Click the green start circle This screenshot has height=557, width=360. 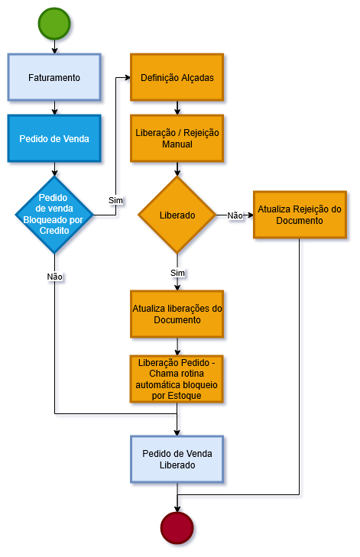click(x=54, y=24)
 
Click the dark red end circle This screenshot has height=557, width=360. click(x=177, y=528)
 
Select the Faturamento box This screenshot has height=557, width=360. click(x=54, y=77)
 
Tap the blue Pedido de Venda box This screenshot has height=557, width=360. click(x=54, y=138)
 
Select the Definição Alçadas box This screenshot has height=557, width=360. click(x=177, y=77)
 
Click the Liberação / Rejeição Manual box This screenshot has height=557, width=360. click(x=177, y=138)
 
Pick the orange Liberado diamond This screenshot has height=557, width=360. click(x=177, y=215)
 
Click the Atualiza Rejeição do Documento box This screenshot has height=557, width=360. click(x=299, y=215)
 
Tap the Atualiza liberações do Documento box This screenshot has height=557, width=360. click(x=177, y=314)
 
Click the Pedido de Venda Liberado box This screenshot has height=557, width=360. click(x=177, y=459)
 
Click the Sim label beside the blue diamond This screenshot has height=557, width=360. click(x=115, y=200)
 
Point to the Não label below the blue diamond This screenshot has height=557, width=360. click(x=54, y=276)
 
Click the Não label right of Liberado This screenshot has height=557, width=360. click(x=235, y=215)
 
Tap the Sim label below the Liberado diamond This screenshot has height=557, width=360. click(x=177, y=272)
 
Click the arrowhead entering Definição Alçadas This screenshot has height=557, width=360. click(x=126, y=77)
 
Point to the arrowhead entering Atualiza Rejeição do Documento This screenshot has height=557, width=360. click(x=249, y=215)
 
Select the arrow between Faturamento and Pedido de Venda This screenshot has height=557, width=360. click(x=54, y=108)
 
